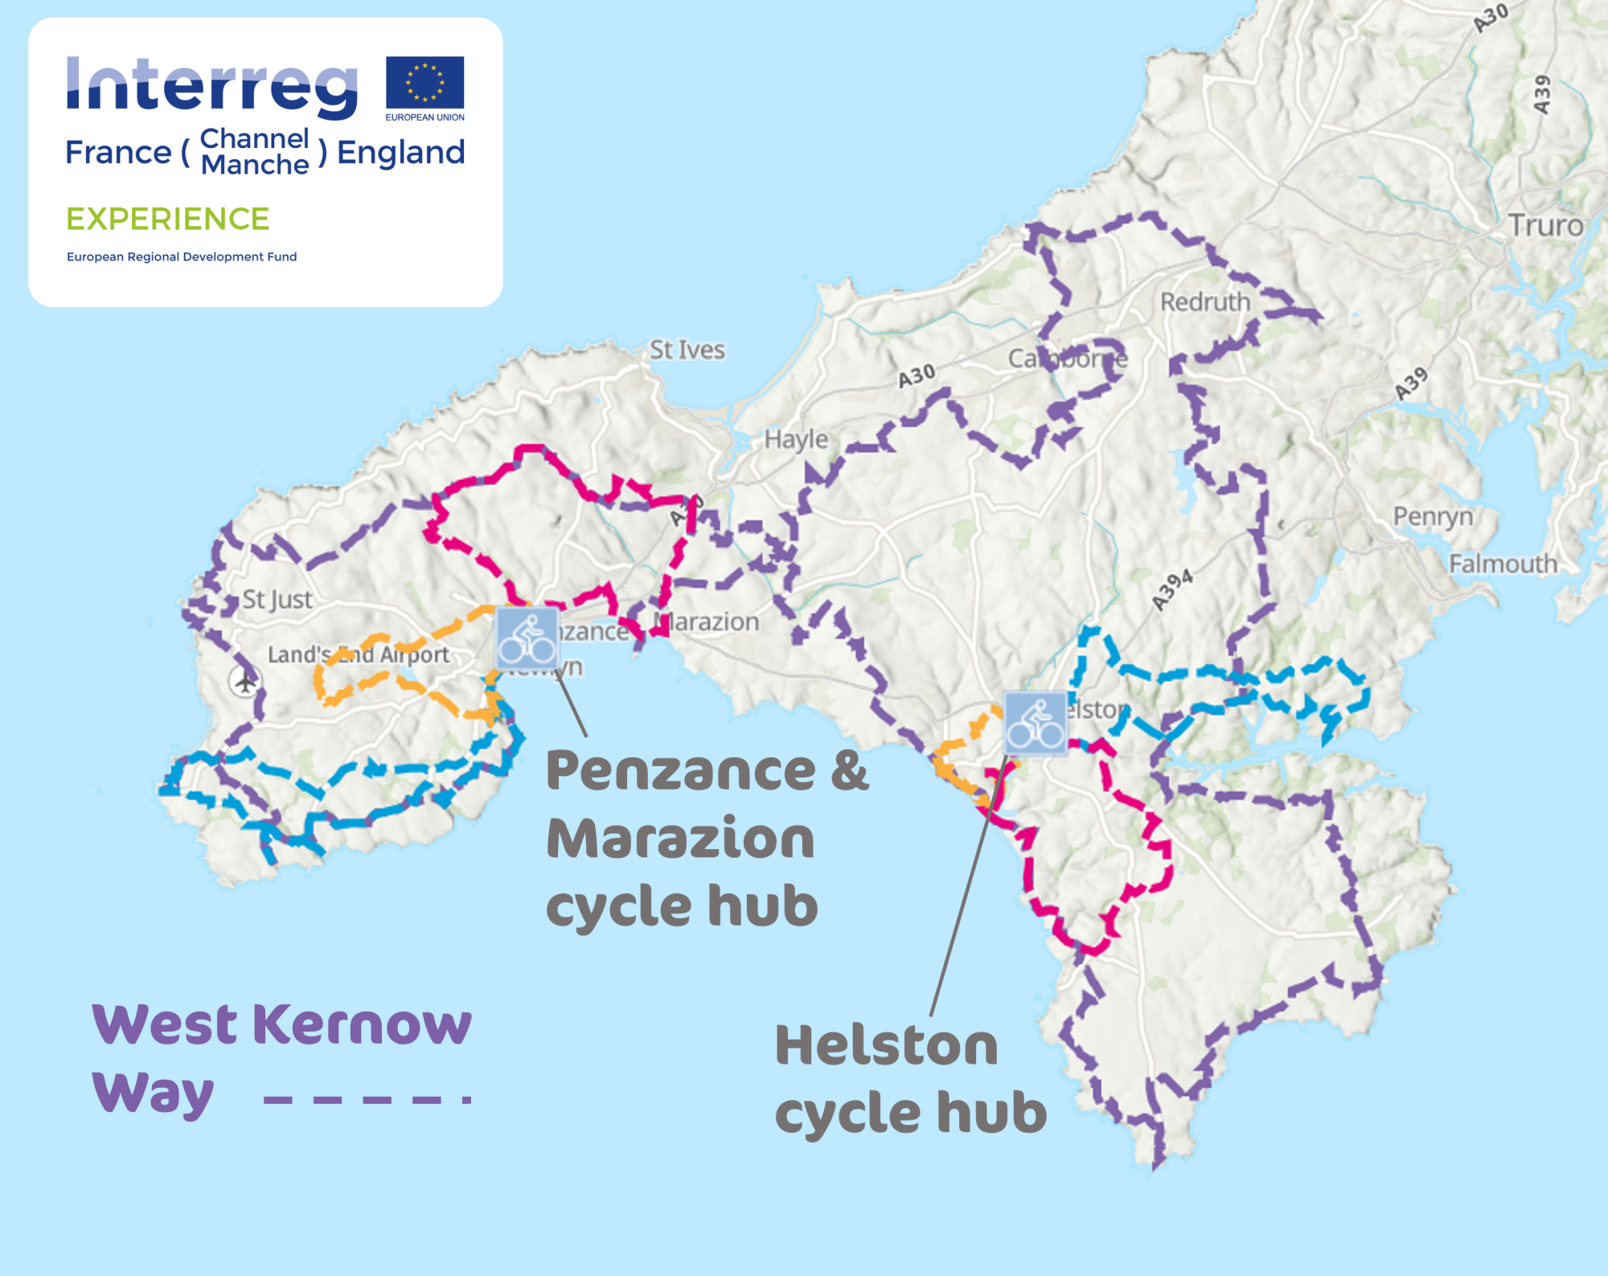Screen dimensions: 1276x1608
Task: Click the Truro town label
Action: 1544,225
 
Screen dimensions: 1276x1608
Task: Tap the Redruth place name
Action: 1204,302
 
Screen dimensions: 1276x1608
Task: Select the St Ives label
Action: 687,350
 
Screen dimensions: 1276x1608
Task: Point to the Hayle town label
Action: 795,439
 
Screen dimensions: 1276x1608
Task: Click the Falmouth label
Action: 1503,564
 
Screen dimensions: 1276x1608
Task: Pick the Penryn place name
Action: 1433,516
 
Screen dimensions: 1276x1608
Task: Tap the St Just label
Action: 277,599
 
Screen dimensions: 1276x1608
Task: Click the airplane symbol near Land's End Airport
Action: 244,682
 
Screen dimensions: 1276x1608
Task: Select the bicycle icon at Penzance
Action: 527,639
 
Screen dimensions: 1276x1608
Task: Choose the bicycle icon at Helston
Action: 1036,723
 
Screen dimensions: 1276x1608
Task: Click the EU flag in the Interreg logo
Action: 425,82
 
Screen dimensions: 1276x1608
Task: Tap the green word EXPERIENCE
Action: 167,219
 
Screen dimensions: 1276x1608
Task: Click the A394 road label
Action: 1171,590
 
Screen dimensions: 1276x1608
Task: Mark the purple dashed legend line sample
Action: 367,1100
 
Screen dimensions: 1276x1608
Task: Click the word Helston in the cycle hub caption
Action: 886,1045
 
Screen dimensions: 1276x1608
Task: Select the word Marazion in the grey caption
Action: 680,839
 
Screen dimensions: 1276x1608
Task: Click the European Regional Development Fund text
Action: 182,256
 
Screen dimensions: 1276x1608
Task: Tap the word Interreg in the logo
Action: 211,86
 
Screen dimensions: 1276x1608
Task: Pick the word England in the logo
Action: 400,152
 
